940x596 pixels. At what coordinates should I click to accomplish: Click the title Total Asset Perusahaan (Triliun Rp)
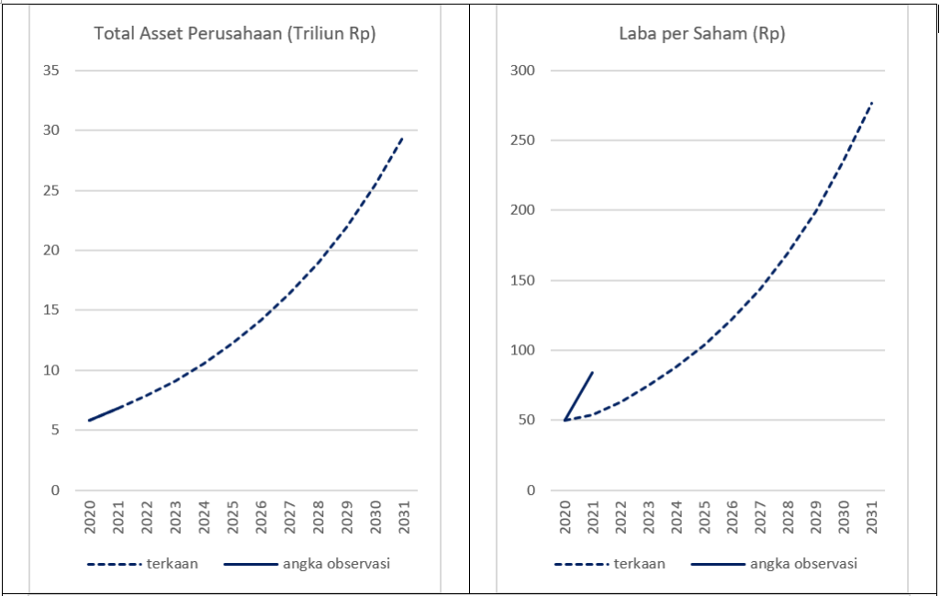(235, 35)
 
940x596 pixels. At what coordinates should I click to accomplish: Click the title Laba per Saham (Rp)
(701, 35)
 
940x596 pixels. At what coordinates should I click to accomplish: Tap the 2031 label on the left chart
(403, 517)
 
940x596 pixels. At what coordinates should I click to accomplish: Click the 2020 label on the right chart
(565, 517)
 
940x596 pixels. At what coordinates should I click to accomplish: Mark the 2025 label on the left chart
(232, 517)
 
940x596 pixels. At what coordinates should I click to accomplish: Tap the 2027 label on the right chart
(759, 517)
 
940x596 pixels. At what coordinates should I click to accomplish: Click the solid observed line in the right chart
(579, 395)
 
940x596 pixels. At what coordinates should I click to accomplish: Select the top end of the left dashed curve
(402, 137)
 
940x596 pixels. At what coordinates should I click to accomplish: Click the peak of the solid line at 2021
(593, 372)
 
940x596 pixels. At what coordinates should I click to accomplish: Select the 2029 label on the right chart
(815, 517)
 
